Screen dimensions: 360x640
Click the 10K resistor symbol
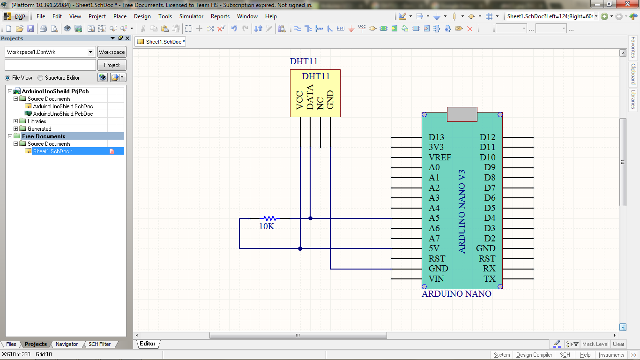pyautogui.click(x=268, y=218)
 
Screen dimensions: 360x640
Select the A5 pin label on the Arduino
pyautogui.click(x=434, y=218)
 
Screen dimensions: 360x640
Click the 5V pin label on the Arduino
pyautogui.click(x=434, y=248)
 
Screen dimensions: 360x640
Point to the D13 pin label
pyautogui.click(x=436, y=137)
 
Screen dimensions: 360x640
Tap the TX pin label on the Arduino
pyautogui.click(x=490, y=279)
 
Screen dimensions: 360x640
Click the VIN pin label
pyautogui.click(x=436, y=279)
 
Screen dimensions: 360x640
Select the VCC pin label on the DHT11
pyautogui.click(x=300, y=100)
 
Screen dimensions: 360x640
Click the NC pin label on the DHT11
pyautogui.click(x=320, y=103)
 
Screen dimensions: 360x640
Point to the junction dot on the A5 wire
pyautogui.click(x=310, y=218)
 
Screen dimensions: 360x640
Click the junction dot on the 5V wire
pyautogui.click(x=300, y=248)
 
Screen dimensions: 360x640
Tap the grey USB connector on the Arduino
pyautogui.click(x=462, y=114)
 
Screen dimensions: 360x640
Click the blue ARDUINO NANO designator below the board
pyautogui.click(x=456, y=294)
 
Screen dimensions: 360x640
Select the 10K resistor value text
pyautogui.click(x=267, y=227)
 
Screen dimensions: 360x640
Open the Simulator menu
pyautogui.click(x=191, y=16)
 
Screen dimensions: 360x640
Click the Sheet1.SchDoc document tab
pyautogui.click(x=162, y=42)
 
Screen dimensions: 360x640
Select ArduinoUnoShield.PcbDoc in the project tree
pyautogui.click(x=63, y=114)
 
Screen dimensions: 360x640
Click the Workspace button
pyautogui.click(x=112, y=52)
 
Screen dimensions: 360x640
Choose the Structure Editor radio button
pyautogui.click(x=40, y=78)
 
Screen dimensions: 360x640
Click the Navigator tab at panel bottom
pyautogui.click(x=67, y=344)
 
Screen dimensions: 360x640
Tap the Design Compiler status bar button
pyautogui.click(x=534, y=355)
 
